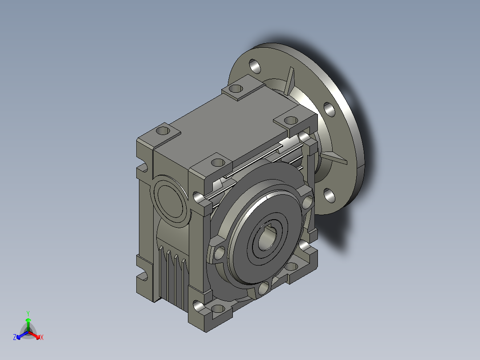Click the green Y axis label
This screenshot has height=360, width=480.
click(x=28, y=313)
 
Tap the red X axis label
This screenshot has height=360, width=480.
click(x=42, y=337)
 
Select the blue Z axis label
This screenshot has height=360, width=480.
click(x=15, y=337)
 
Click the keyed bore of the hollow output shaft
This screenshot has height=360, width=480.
click(x=267, y=238)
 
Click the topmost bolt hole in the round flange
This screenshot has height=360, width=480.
click(x=255, y=66)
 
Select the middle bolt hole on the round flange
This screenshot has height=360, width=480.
click(x=329, y=110)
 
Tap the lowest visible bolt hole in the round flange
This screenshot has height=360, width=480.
click(x=329, y=196)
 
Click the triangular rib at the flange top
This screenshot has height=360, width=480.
click(x=289, y=81)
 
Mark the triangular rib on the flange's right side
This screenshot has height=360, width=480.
click(x=334, y=158)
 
